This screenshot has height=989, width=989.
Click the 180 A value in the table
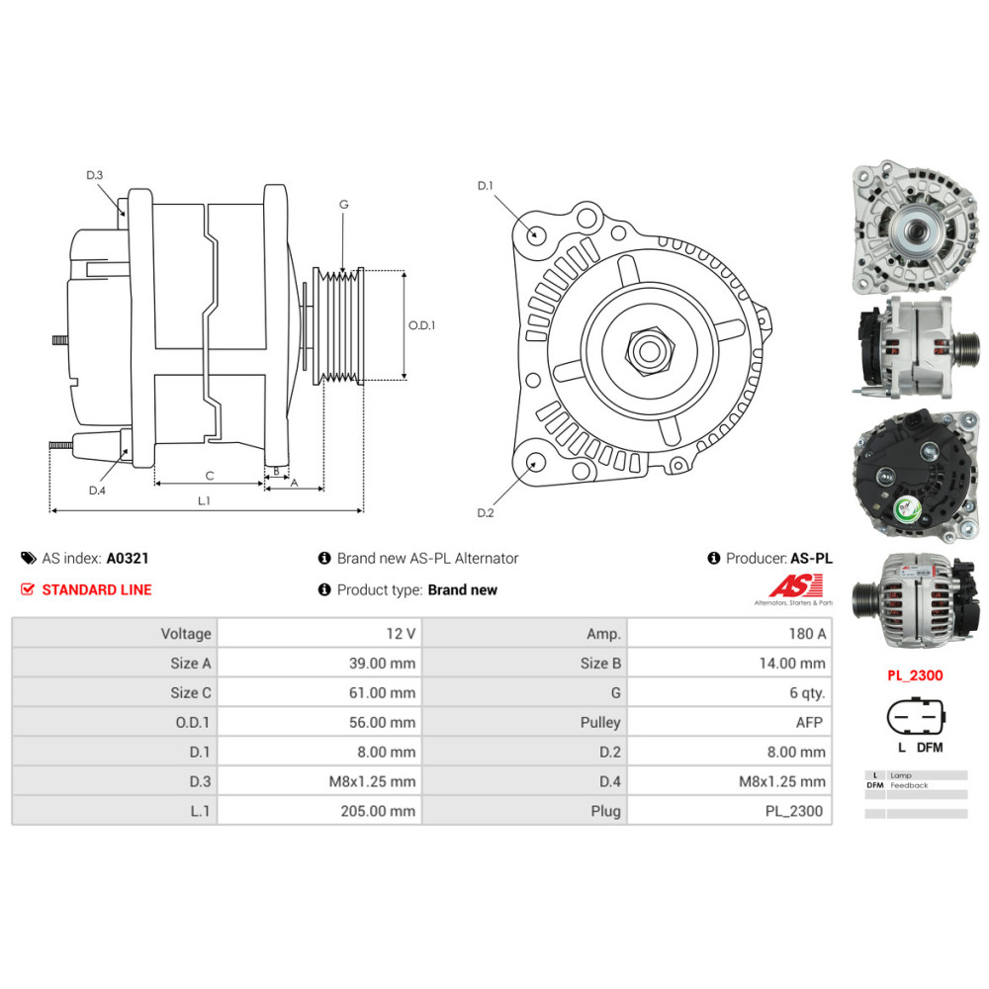pyautogui.click(x=807, y=633)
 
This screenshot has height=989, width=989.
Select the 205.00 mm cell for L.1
pyautogui.click(x=378, y=811)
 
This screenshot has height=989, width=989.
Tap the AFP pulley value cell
pyautogui.click(x=809, y=722)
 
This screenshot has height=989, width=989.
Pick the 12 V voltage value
pyautogui.click(x=401, y=633)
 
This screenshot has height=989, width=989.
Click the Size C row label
pyautogui.click(x=191, y=692)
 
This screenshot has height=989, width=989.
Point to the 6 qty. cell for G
pyautogui.click(x=807, y=692)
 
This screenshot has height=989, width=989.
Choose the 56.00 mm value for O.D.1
pyautogui.click(x=382, y=722)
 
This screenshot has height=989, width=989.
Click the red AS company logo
pyautogui.click(x=795, y=585)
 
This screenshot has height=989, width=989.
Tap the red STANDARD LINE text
pyautogui.click(x=97, y=589)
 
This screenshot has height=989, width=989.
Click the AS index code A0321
pyautogui.click(x=128, y=558)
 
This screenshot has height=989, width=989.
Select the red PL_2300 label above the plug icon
pyautogui.click(x=915, y=675)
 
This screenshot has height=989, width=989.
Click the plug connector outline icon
pyautogui.click(x=917, y=717)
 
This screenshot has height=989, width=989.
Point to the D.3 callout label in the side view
pyautogui.click(x=95, y=175)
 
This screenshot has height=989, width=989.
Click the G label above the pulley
pyautogui.click(x=344, y=205)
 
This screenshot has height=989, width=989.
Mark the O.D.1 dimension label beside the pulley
pyautogui.click(x=421, y=325)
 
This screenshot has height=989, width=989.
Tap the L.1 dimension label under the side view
pyautogui.click(x=204, y=500)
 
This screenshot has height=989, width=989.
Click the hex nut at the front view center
pyautogui.click(x=650, y=351)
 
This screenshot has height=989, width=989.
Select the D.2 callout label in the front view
pyautogui.click(x=485, y=512)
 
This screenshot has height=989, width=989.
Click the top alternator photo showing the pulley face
pyautogui.click(x=915, y=227)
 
